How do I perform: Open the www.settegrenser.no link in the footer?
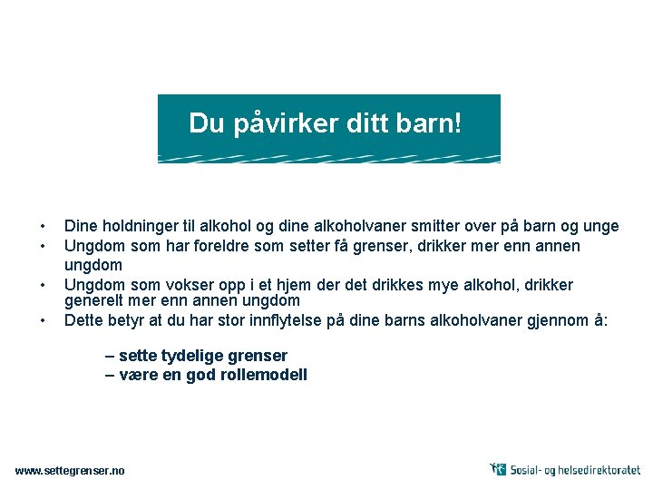pos(71,470)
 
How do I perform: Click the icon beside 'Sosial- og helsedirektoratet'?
pos(498,469)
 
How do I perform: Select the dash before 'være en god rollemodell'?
pos(110,374)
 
